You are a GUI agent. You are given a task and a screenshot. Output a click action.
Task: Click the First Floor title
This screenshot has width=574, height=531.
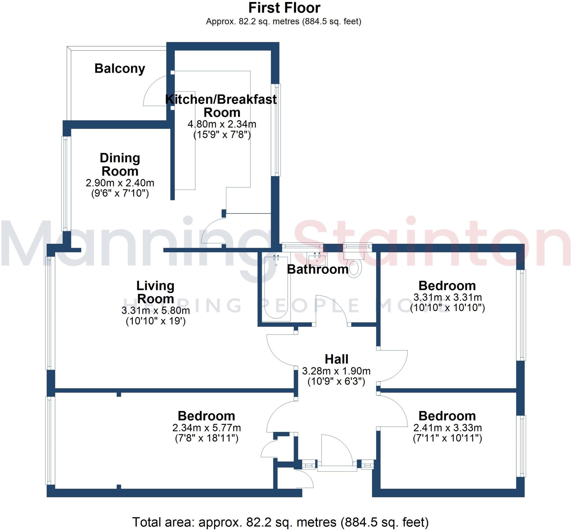coord(284,8)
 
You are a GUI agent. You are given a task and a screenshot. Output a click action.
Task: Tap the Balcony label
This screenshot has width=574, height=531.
coord(120,68)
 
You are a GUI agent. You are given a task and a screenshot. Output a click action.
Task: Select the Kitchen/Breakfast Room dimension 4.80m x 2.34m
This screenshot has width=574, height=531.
coord(222,124)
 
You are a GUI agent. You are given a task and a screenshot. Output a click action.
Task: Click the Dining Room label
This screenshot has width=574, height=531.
coord(120,164)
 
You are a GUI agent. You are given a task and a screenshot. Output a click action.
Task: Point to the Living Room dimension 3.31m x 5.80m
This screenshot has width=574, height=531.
coord(155,310)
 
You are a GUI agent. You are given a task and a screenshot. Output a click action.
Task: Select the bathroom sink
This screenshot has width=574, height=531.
coord(316,259)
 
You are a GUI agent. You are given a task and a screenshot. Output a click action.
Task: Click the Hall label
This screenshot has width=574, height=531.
coord(336,359)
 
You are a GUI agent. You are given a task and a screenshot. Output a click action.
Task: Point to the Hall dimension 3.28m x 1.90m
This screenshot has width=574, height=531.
coord(336,371)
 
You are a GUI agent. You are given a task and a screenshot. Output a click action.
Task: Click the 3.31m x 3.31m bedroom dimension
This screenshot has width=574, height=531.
coord(447,297)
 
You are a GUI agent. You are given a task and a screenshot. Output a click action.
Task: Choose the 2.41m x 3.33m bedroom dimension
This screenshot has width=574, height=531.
coord(447,428)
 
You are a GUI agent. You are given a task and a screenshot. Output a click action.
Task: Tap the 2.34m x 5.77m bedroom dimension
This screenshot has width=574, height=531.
coord(206,428)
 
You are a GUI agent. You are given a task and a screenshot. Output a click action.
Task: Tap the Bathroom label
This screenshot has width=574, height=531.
coord(317,269)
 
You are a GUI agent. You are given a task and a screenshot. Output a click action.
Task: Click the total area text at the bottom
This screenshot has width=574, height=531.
coord(280,522)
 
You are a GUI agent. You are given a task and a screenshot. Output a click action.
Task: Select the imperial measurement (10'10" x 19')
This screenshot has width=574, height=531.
coord(156,321)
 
